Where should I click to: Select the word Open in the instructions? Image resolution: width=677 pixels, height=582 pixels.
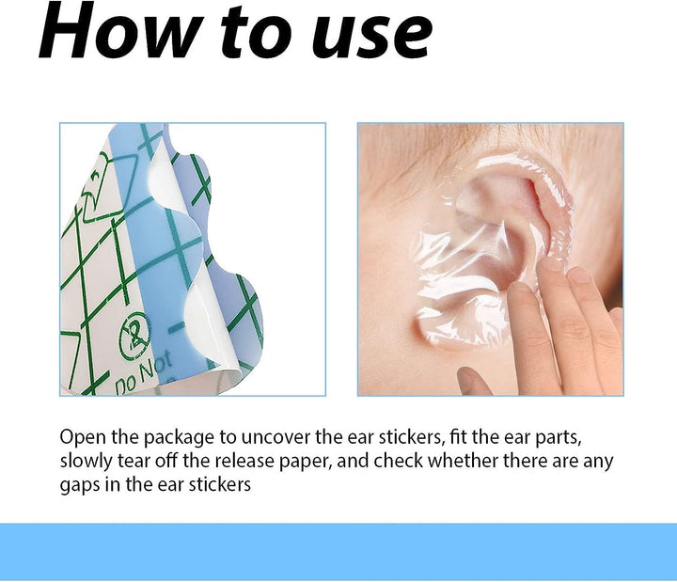tap(83, 438)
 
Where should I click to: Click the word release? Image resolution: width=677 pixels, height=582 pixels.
tap(244, 461)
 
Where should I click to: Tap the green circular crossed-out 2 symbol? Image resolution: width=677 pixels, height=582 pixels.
tap(134, 337)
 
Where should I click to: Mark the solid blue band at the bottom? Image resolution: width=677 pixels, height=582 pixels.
tap(338, 552)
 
